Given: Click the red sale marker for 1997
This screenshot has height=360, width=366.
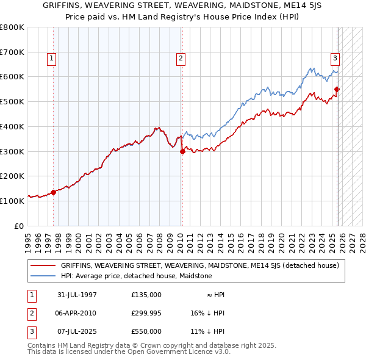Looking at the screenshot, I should [53, 192].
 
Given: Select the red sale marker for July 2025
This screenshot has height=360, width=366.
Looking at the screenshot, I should [337, 89].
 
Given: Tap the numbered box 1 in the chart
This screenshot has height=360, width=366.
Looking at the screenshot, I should [51, 59].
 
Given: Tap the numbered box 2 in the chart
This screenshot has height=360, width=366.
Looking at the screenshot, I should [181, 59].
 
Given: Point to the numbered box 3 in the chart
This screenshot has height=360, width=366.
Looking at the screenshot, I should [335, 59].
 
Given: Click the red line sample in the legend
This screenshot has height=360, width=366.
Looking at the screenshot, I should [44, 265].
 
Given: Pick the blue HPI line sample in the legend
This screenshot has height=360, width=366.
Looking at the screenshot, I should [44, 276].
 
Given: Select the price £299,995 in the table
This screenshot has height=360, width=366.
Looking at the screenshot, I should [146, 313].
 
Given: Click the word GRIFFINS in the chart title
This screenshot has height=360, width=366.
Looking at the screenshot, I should [62, 5].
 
